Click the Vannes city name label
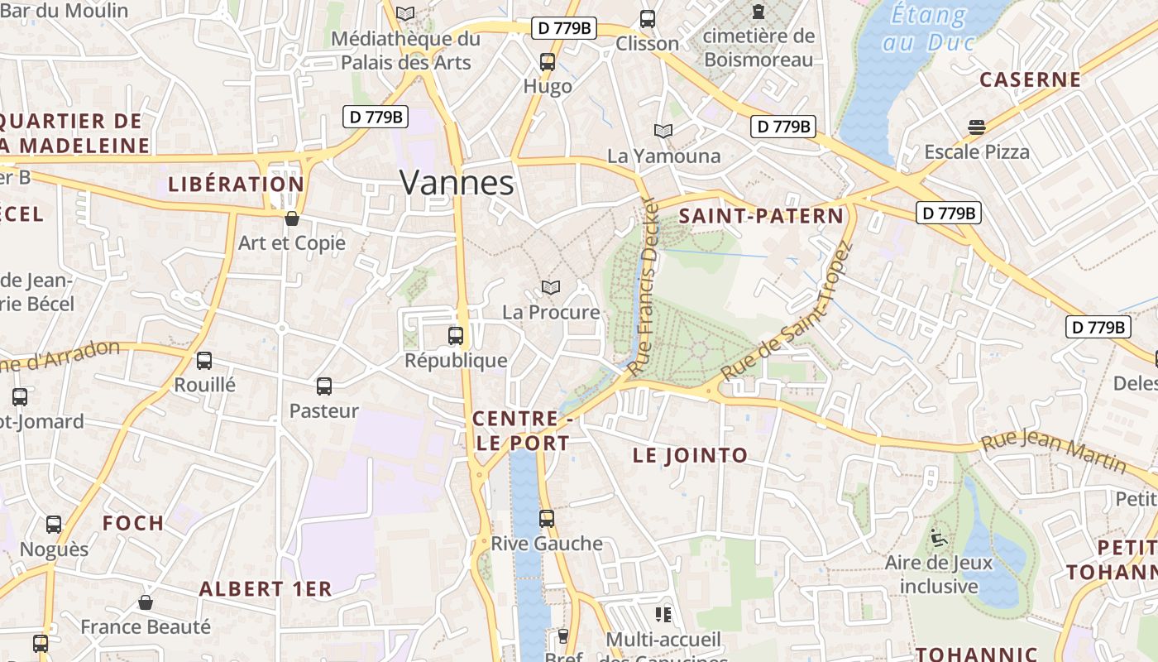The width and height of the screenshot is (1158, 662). point(457,183)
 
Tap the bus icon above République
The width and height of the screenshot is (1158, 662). point(456,336)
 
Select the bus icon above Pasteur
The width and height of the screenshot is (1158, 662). point(324,386)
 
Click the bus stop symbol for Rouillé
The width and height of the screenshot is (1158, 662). point(204,361)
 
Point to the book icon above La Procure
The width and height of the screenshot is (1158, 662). point(551,287)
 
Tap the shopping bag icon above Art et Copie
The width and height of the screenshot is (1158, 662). point(291,218)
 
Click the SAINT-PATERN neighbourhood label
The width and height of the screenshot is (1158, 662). point(761,217)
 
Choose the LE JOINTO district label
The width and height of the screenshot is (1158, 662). point(690,455)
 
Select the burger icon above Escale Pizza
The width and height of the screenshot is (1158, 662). point(977,127)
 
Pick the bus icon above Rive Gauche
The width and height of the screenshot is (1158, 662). point(547,519)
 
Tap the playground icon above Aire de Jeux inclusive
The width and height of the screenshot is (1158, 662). point(938,538)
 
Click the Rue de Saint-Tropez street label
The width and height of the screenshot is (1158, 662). point(787,313)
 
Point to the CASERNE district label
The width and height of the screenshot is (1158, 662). point(1030,79)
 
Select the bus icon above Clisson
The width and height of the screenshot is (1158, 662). point(648,19)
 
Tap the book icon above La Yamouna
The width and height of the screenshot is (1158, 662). point(663,131)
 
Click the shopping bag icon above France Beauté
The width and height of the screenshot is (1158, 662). point(146,602)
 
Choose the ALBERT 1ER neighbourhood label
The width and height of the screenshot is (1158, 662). point(266,589)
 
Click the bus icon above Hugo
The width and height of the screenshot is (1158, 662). point(548,62)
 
